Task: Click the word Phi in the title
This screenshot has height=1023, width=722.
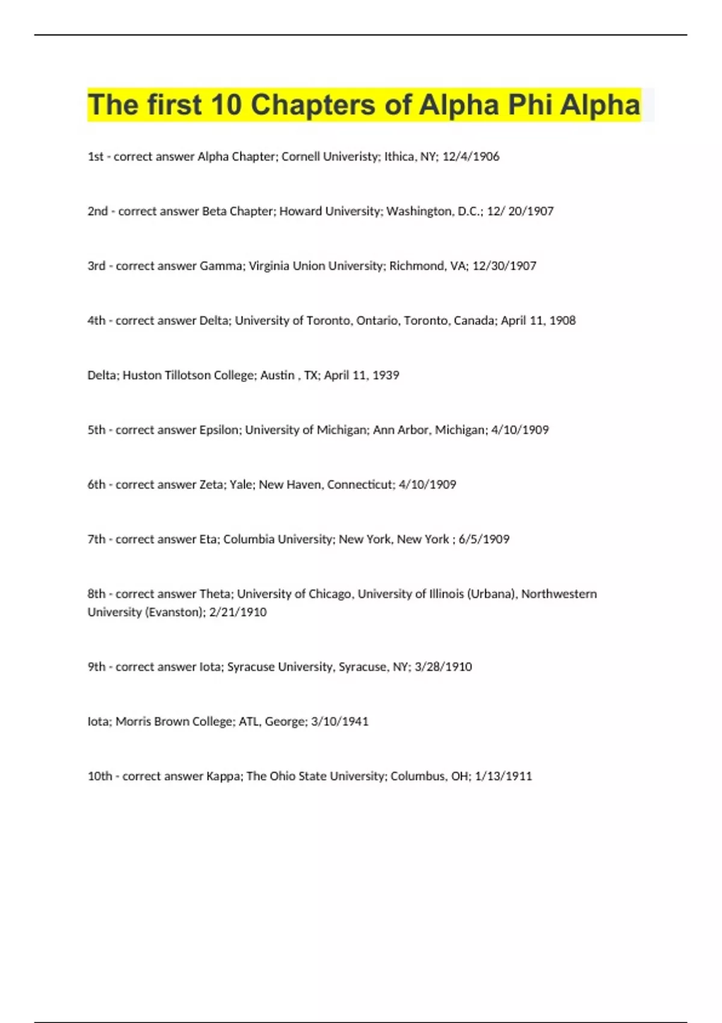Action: coord(530,105)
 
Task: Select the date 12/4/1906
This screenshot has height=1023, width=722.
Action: coord(471,156)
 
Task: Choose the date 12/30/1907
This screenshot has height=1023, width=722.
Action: coord(504,266)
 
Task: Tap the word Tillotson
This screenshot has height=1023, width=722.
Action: coord(191,376)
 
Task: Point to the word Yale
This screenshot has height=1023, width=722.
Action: coord(241,485)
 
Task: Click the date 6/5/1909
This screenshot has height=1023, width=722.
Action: coord(484,540)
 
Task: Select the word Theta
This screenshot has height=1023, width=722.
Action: coord(215,594)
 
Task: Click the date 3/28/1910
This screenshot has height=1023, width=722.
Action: coord(443,667)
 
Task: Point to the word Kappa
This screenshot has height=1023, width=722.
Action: coord(224,776)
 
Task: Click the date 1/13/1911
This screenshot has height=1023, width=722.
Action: coord(504,776)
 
